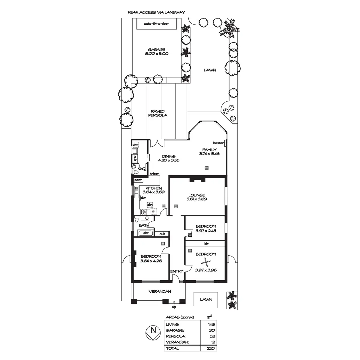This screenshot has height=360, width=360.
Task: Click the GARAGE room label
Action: tap(156, 50)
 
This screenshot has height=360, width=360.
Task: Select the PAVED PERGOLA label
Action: tap(157, 113)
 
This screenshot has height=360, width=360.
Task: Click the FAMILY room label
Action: tap(209, 150)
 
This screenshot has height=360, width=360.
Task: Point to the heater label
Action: tap(218, 143)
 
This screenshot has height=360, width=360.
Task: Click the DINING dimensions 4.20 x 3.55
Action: tap(169, 160)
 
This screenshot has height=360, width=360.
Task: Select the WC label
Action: tap(142, 169)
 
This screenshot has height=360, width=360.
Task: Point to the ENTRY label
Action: tap(177, 271)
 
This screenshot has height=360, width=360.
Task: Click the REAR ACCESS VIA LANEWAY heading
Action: tap(156, 12)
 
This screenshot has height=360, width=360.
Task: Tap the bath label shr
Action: tap(146, 233)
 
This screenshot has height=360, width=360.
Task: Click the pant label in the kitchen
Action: tap(138, 180)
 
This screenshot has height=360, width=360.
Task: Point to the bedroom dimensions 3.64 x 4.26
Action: tap(151, 261)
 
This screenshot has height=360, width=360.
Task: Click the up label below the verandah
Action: tap(174, 307)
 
